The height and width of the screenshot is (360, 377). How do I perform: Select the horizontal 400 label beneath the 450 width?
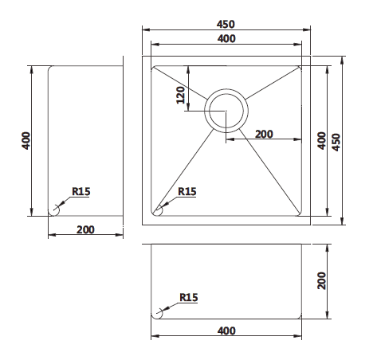click(227, 38)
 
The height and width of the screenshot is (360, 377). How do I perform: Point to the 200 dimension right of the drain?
click(264, 134)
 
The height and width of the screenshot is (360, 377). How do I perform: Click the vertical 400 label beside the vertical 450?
click(320, 141)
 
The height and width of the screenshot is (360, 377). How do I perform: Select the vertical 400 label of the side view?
click(27, 142)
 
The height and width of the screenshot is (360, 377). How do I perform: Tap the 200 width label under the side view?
click(86, 229)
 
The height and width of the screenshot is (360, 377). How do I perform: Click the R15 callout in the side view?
click(81, 191)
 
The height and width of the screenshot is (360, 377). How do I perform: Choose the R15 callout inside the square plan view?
click(187, 191)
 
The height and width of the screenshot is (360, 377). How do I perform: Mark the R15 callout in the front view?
click(188, 297)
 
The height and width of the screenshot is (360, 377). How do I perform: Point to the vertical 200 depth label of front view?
click(320, 281)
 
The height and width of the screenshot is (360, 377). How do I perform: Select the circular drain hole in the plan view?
click(226, 109)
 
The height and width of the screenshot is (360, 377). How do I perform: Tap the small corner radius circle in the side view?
click(55, 209)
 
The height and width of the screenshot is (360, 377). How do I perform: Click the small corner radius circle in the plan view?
click(158, 209)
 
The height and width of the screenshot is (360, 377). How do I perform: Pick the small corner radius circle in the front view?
click(158, 312)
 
